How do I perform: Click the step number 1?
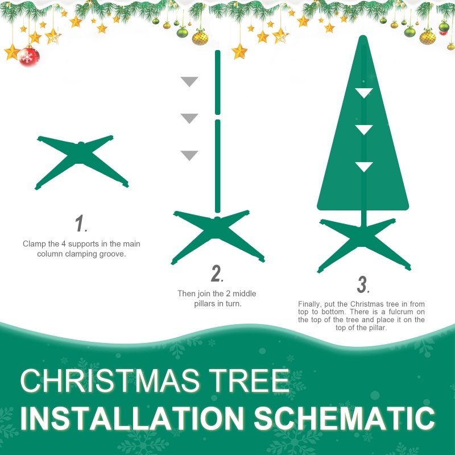81,224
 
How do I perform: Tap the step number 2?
217,274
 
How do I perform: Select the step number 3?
363,284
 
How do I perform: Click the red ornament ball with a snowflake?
28,56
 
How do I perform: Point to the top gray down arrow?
189,81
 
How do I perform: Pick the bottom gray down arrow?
189,155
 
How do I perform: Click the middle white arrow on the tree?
363,130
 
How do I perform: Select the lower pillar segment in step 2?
217,165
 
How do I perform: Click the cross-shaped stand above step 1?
82,162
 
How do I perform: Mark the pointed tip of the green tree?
363,39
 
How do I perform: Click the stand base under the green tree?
363,242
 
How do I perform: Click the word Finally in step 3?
309,304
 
